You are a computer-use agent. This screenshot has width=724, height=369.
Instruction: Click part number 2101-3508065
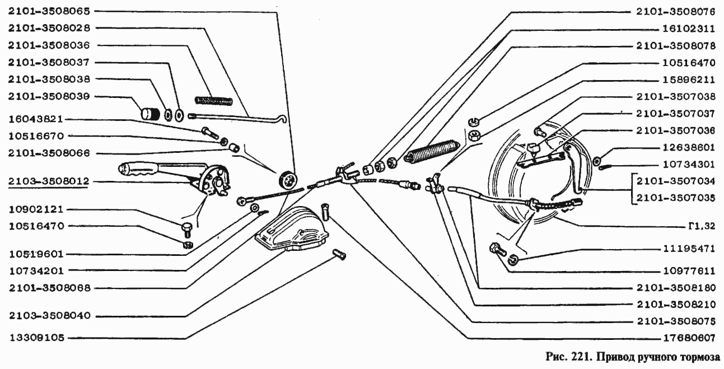point(49,12)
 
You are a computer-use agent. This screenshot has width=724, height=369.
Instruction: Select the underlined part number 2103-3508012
point(49,181)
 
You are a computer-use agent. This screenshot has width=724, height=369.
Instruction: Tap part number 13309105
point(37,338)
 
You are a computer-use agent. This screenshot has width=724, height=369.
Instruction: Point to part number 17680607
point(689,338)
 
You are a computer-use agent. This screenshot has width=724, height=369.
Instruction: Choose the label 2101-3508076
point(675,12)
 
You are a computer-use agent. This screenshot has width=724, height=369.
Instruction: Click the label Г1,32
point(702,226)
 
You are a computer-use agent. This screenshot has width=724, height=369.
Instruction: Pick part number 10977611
point(689,271)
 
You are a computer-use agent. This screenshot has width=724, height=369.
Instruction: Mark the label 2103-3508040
point(50,316)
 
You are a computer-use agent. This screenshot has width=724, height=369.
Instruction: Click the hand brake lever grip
point(138,169)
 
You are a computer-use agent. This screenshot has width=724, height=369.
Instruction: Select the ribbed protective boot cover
point(292,229)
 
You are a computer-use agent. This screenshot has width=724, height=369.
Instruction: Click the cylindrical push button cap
point(150,114)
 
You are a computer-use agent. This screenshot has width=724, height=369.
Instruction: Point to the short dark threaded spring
point(214,101)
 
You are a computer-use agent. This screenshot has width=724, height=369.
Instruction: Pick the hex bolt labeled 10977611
point(497,249)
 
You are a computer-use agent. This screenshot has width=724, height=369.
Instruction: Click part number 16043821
point(35,119)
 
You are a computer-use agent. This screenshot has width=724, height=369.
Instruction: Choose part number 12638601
point(689,148)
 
